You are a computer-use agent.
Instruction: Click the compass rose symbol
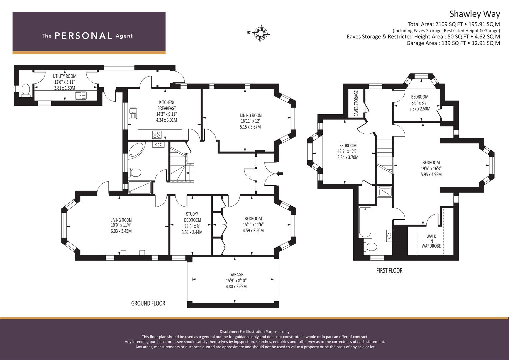(x=261, y=33)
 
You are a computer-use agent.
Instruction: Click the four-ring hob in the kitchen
(x=157, y=135)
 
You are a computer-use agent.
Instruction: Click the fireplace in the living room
(x=133, y=252)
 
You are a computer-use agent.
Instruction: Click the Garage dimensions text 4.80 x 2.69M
(x=236, y=286)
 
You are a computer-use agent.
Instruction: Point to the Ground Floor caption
(x=148, y=303)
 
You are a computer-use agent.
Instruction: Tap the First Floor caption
(x=389, y=270)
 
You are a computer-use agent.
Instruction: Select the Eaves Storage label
(x=356, y=103)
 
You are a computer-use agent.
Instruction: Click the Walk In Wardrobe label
(x=431, y=241)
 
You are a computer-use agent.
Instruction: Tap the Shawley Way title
(x=474, y=14)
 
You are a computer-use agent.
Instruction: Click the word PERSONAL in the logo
(x=83, y=36)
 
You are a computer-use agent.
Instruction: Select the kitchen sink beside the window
(x=133, y=114)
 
